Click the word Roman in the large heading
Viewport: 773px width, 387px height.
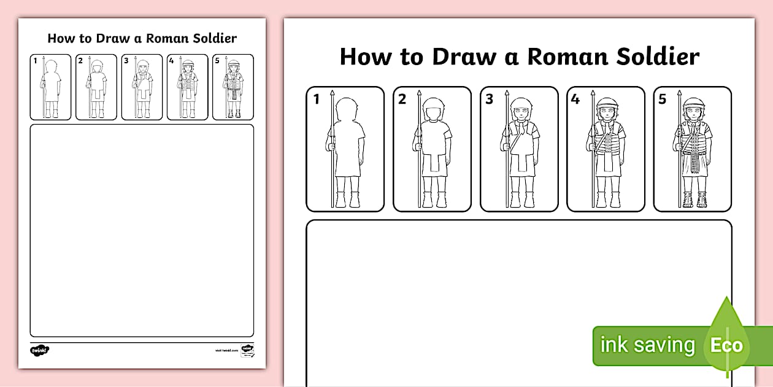click(564, 57)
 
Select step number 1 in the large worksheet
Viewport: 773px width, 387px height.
click(317, 99)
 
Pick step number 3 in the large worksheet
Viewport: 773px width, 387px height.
click(489, 99)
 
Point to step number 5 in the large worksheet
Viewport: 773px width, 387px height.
click(662, 99)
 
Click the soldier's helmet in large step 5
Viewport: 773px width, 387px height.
click(693, 103)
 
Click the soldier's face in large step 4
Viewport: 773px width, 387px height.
click(606, 115)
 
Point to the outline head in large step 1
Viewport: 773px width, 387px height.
click(346, 109)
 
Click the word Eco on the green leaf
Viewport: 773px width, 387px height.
click(726, 345)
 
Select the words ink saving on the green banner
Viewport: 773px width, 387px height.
click(647, 345)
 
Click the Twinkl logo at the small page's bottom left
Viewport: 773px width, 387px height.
click(39, 350)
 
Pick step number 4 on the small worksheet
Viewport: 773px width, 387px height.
click(171, 60)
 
